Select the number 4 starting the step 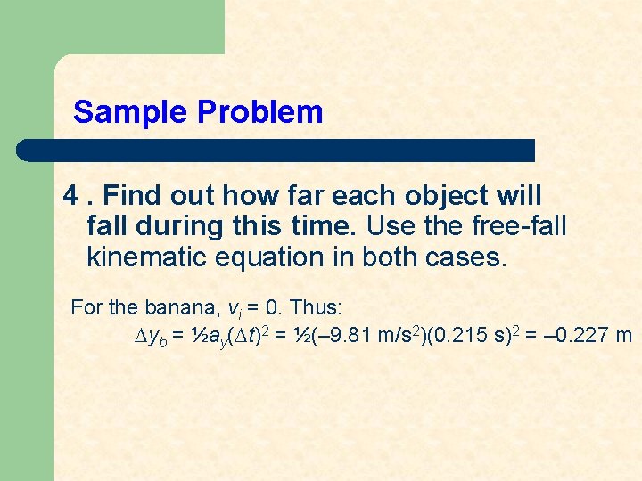pos(70,195)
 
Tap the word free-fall pos(521,226)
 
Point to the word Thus pos(315,308)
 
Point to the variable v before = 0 pos(231,309)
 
